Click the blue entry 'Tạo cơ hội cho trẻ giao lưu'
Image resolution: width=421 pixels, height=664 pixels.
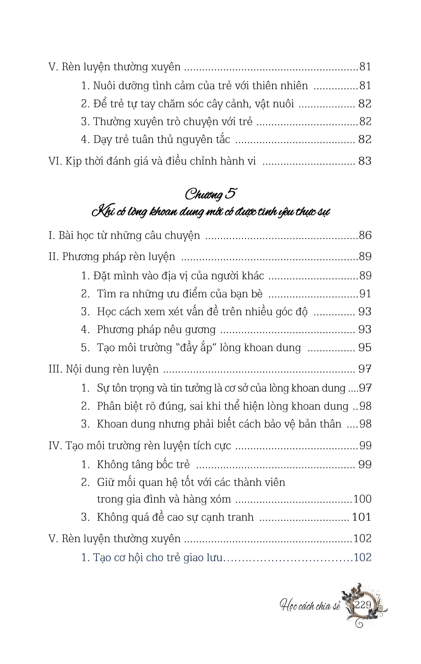[157, 558]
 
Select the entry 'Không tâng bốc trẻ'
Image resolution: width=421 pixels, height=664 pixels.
[143, 465]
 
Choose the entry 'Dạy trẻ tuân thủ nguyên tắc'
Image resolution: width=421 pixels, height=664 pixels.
[161, 139]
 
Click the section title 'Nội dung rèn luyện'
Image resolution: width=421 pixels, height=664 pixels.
[112, 369]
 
